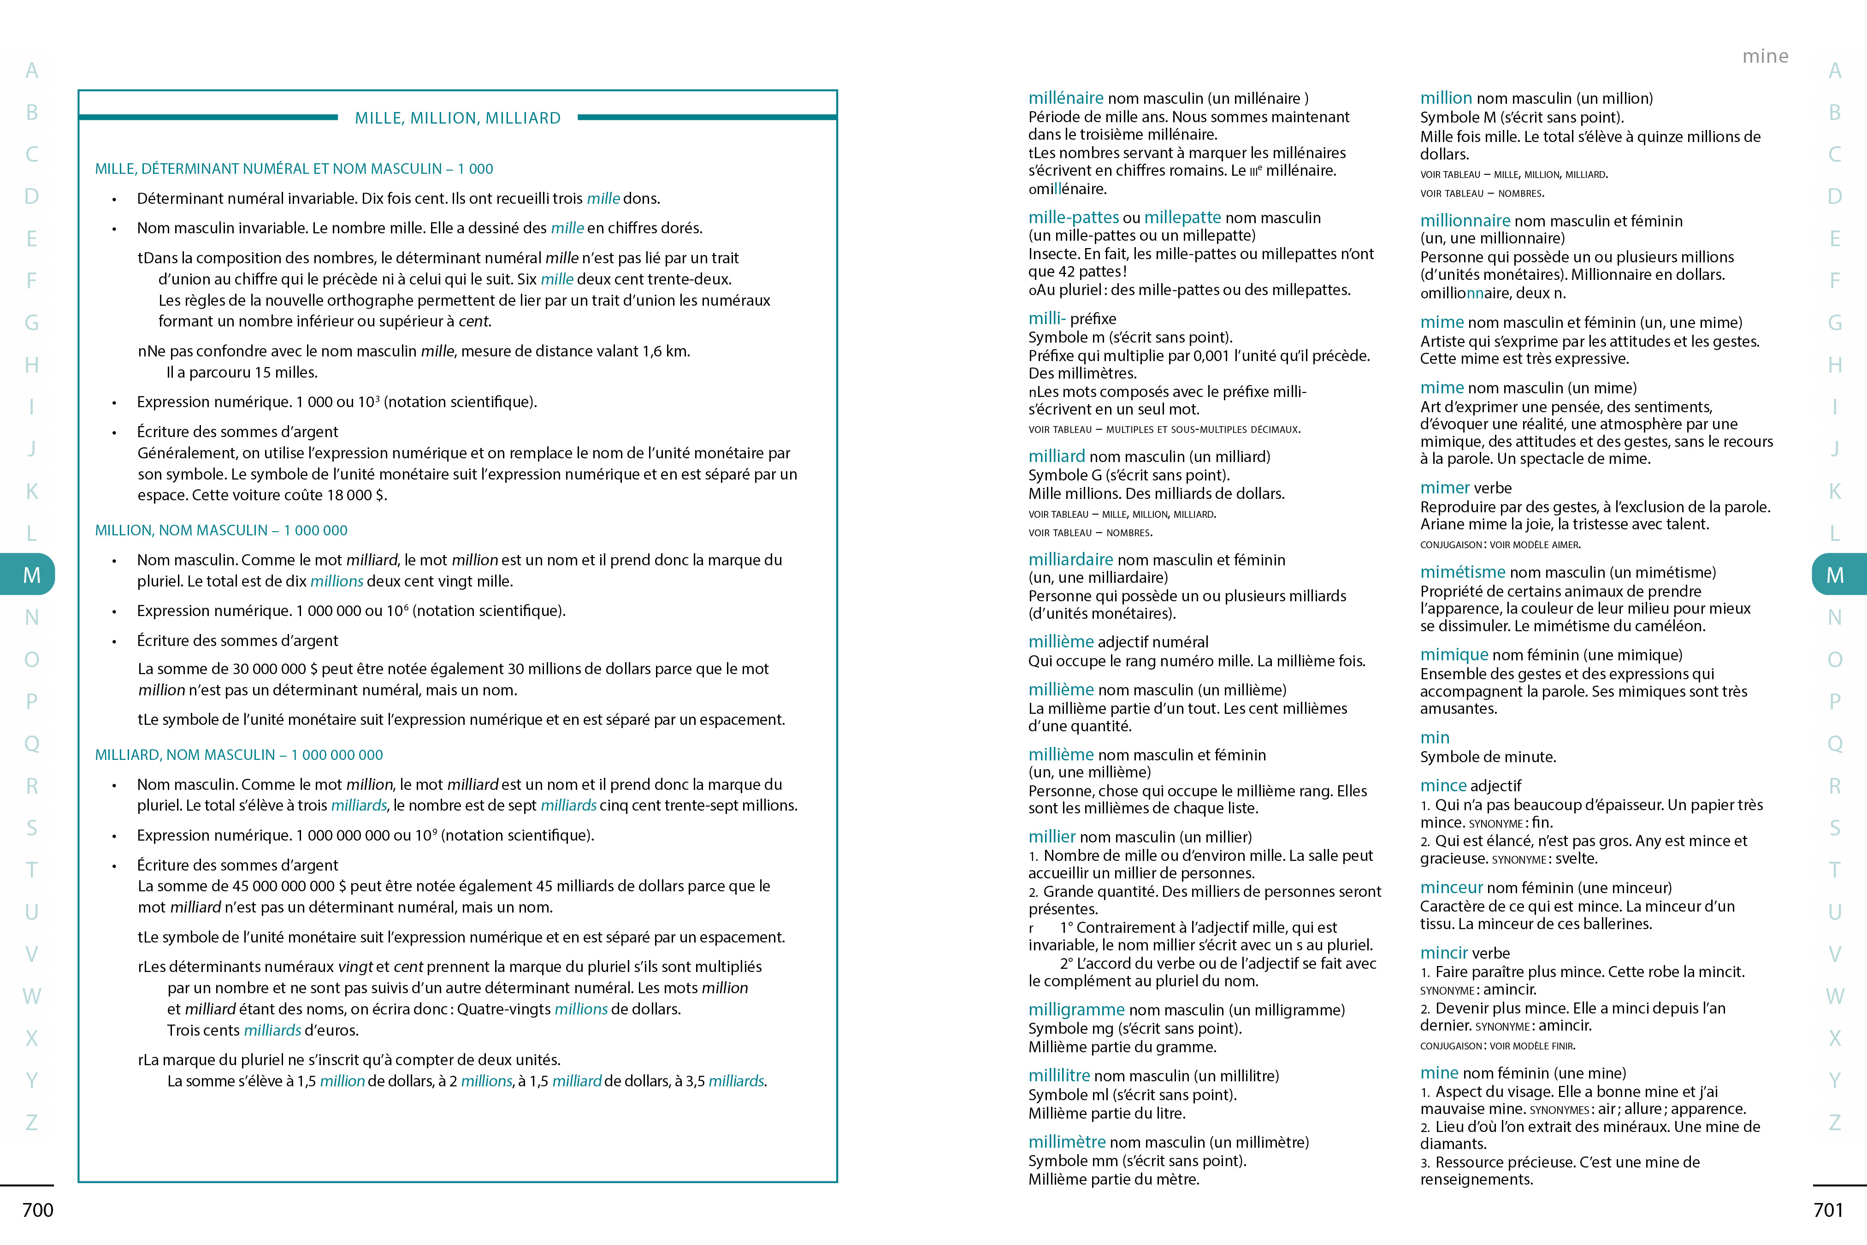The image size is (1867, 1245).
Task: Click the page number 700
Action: click(x=37, y=1210)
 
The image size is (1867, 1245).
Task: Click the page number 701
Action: click(x=1828, y=1210)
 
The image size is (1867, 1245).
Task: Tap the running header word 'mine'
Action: click(x=1765, y=56)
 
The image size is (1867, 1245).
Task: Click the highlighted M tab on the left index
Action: click(x=30, y=574)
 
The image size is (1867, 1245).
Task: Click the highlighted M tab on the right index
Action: click(x=1835, y=574)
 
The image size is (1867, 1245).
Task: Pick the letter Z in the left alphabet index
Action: click(x=32, y=1122)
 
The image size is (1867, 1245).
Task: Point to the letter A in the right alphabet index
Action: click(x=1834, y=71)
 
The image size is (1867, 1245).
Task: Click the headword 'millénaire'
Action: click(x=1065, y=98)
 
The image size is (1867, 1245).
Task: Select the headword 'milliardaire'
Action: click(x=1070, y=559)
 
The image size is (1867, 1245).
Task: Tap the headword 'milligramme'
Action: click(x=1076, y=1009)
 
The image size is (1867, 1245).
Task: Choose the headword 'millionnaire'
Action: click(x=1465, y=221)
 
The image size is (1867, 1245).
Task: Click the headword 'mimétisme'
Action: click(x=1462, y=572)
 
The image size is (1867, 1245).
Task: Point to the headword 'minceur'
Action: click(x=1451, y=887)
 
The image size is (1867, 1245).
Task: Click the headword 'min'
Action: click(x=1435, y=738)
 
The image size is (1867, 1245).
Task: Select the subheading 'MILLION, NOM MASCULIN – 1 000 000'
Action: click(x=221, y=530)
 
